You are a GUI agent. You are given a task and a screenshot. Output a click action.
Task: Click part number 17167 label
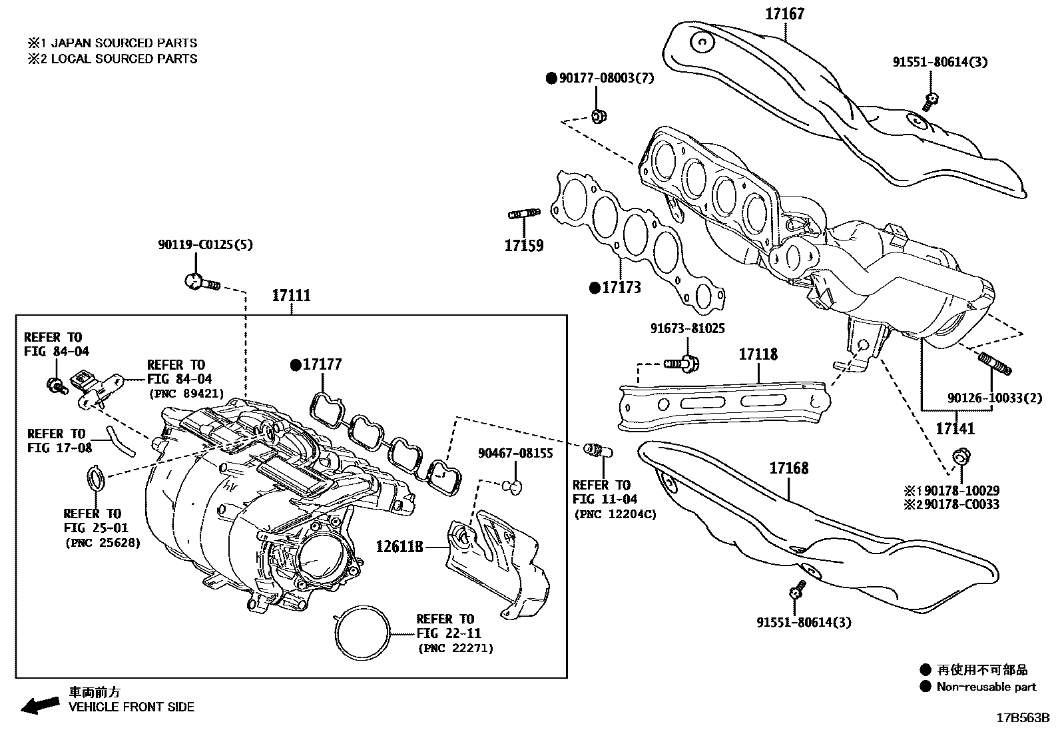click(785, 13)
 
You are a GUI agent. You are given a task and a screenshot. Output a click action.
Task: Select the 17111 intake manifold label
click(291, 295)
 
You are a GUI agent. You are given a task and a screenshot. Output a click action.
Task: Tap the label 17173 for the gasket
click(621, 287)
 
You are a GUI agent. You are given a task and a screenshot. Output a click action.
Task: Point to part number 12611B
click(399, 547)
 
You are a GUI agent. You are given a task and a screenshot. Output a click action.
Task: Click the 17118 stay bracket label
click(758, 354)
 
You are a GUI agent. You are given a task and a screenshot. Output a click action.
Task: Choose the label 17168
click(789, 468)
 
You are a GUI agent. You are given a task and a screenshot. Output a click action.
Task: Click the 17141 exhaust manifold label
click(955, 428)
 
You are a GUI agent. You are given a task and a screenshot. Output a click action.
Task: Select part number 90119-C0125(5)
click(206, 244)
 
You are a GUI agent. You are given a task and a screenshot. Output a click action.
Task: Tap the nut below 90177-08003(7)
click(598, 117)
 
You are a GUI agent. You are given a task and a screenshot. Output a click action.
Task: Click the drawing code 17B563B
click(1022, 718)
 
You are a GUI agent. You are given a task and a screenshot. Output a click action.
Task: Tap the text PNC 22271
click(456, 648)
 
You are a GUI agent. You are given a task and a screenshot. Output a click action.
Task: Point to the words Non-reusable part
click(986, 687)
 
